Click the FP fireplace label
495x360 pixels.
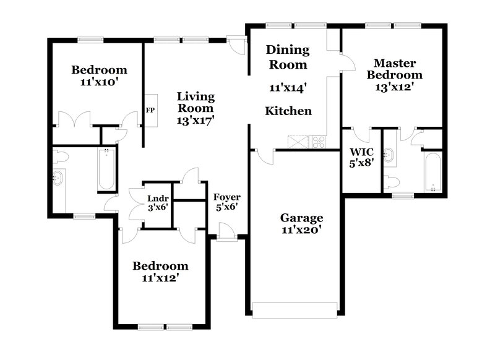(x=150, y=110)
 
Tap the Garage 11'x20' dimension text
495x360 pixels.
(x=301, y=229)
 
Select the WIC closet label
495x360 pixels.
(x=361, y=152)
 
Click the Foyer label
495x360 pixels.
(x=226, y=197)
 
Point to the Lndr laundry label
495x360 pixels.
(x=158, y=199)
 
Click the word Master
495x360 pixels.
(x=395, y=63)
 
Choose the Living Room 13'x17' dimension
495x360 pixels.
(x=196, y=120)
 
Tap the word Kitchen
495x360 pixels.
(x=288, y=111)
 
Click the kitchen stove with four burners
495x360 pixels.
(x=318, y=142)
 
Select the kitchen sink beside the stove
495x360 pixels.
(x=298, y=142)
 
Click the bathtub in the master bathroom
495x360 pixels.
(x=433, y=172)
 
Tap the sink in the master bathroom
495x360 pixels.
(x=390, y=155)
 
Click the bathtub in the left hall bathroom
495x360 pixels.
(x=106, y=169)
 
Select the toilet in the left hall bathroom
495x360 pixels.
(x=61, y=156)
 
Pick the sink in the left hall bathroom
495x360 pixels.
(x=58, y=178)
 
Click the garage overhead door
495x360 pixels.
(x=295, y=311)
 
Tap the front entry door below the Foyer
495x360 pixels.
(x=226, y=233)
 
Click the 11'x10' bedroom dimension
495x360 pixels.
(x=99, y=82)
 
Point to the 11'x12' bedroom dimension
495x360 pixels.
(x=161, y=278)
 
